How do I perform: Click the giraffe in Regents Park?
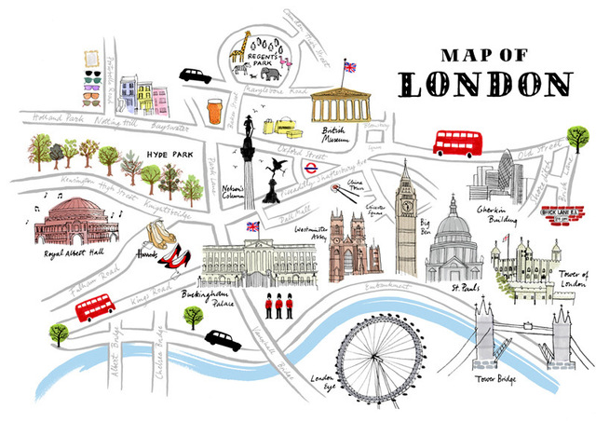(244, 49)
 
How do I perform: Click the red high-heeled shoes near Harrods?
(171, 253)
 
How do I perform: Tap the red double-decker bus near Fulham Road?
(94, 308)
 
